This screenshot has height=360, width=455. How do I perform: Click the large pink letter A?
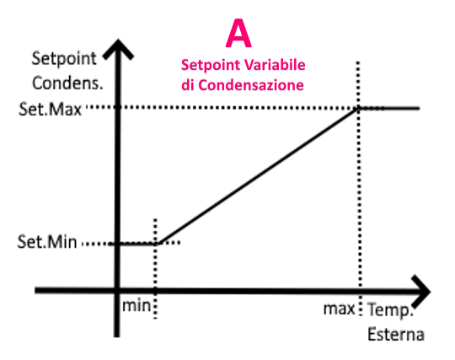click(238, 33)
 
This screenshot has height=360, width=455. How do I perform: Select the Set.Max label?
click(51, 110)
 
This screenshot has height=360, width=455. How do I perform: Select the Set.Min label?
click(47, 242)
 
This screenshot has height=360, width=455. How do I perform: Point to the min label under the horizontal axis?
click(136, 306)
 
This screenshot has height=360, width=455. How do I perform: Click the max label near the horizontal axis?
click(339, 309)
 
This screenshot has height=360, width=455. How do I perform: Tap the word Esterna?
click(396, 334)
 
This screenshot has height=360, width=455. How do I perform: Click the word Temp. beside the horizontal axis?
click(390, 310)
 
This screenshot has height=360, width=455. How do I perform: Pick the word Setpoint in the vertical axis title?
click(64, 59)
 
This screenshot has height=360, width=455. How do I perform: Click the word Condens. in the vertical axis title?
click(67, 83)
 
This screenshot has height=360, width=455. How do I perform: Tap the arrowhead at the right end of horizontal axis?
click(420, 291)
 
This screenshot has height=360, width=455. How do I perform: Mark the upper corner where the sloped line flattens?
click(359, 108)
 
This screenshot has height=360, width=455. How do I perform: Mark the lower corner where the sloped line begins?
click(158, 244)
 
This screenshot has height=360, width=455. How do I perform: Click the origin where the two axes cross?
click(117, 290)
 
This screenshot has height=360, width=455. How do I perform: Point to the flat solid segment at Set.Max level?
click(389, 108)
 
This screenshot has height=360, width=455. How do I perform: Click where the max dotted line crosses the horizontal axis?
click(360, 291)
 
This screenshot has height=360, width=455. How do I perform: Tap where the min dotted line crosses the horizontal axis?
click(155, 290)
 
